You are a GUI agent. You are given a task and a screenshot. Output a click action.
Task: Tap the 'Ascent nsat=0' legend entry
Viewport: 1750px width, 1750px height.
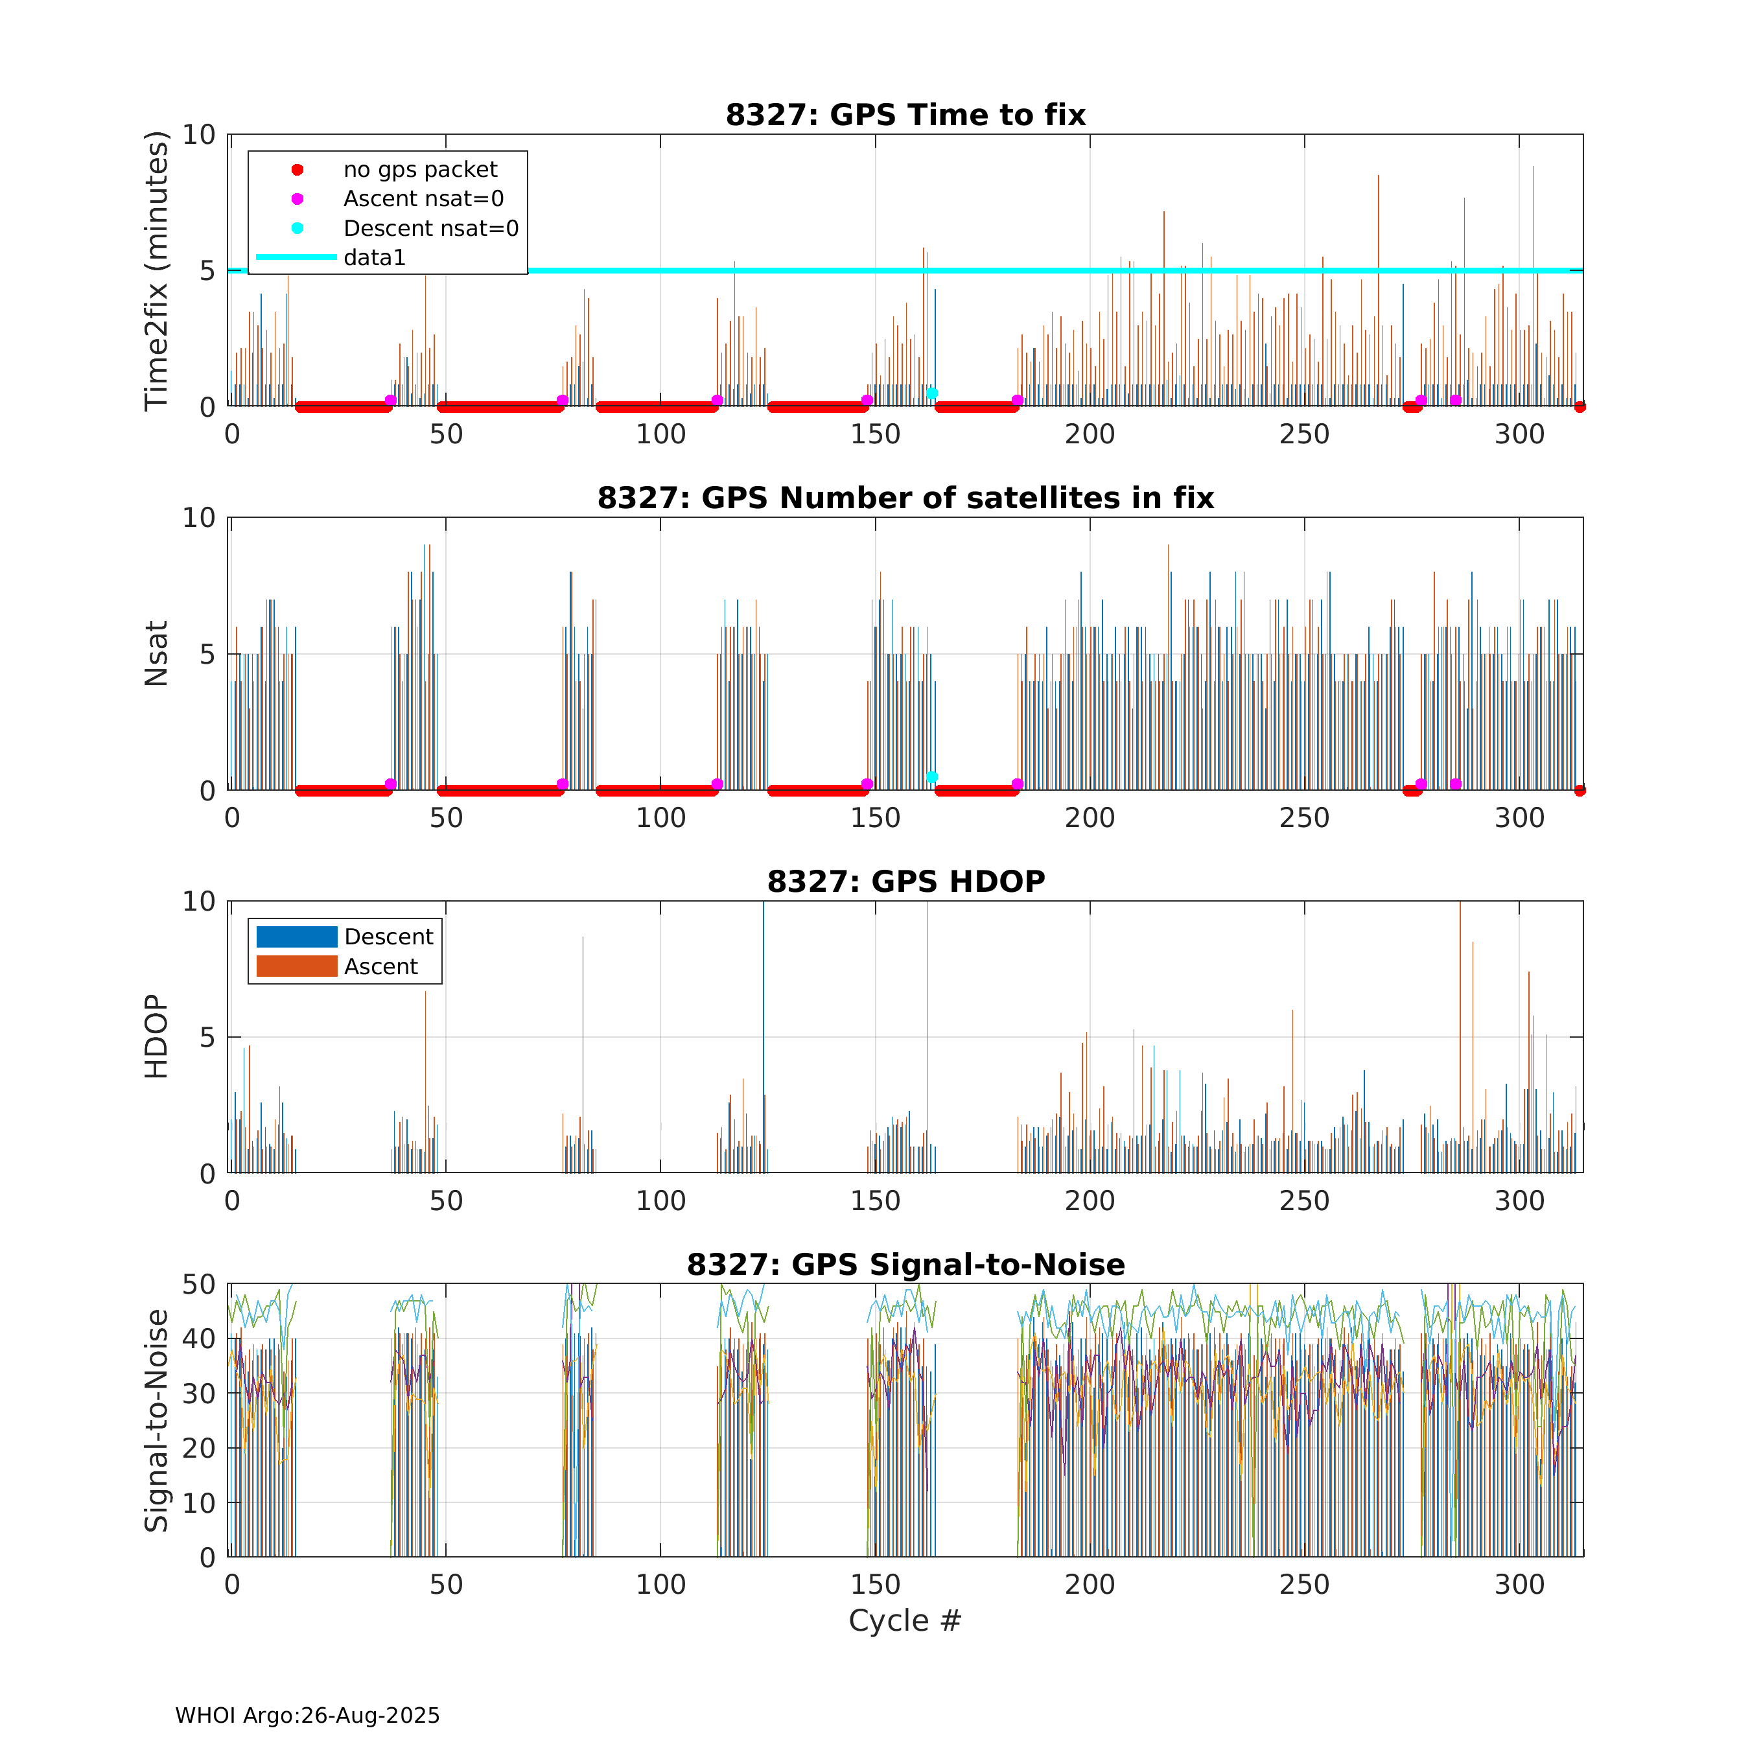[x=423, y=199]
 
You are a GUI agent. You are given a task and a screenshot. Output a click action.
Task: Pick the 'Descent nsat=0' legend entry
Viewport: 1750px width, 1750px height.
[x=430, y=228]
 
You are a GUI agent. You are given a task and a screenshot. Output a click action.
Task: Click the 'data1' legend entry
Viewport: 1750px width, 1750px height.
[x=374, y=258]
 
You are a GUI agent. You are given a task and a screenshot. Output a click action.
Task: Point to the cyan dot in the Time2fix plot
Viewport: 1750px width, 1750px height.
[x=931, y=394]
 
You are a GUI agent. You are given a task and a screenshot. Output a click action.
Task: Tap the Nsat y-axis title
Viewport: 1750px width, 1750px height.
[x=157, y=653]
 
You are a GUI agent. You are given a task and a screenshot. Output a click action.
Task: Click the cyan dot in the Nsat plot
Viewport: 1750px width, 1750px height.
[x=931, y=778]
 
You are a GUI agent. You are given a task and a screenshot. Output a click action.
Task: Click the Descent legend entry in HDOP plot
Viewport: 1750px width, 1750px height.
[x=388, y=937]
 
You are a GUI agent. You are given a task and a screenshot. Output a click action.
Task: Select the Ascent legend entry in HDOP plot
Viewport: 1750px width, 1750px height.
[x=380, y=966]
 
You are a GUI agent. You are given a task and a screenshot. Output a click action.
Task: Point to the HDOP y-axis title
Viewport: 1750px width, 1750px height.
[x=157, y=1036]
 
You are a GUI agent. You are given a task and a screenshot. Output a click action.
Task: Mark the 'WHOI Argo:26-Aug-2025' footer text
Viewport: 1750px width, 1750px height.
[x=307, y=1716]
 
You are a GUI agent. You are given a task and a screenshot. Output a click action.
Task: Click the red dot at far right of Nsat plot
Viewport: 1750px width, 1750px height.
[x=1580, y=791]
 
